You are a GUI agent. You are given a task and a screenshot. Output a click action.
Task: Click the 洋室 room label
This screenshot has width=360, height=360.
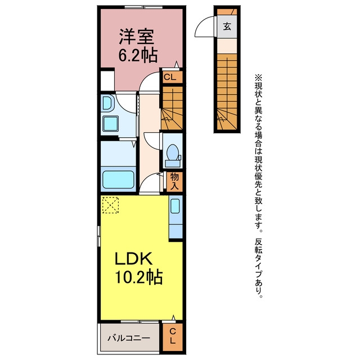(x=137, y=36)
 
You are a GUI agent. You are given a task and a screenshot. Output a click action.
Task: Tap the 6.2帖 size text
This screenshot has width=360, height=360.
(x=138, y=55)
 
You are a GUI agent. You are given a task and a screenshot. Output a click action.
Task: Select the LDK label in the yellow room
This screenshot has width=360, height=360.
(x=133, y=259)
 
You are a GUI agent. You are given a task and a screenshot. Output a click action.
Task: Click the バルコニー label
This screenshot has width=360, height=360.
(x=129, y=338)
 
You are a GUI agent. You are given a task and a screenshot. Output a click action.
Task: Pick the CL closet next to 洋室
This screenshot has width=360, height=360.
(x=170, y=77)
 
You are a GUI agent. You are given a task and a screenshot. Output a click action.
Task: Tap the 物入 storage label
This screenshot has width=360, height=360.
(x=174, y=181)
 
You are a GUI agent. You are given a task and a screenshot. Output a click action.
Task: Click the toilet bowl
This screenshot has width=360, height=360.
(x=173, y=152)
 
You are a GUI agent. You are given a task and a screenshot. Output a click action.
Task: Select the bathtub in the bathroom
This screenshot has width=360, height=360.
(x=118, y=179)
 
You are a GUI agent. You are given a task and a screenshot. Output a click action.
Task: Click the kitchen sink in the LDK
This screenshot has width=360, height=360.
(x=175, y=206)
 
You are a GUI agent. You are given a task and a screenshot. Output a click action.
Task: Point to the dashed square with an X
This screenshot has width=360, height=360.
(x=110, y=205)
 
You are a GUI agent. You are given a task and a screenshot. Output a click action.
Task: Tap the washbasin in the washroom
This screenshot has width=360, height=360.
(x=107, y=103)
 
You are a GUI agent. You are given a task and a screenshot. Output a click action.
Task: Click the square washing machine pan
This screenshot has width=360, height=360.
(x=110, y=124)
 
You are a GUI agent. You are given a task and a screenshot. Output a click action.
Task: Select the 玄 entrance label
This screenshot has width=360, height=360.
(x=227, y=26)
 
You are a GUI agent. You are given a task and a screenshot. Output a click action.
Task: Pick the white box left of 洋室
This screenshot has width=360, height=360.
(x=107, y=81)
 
